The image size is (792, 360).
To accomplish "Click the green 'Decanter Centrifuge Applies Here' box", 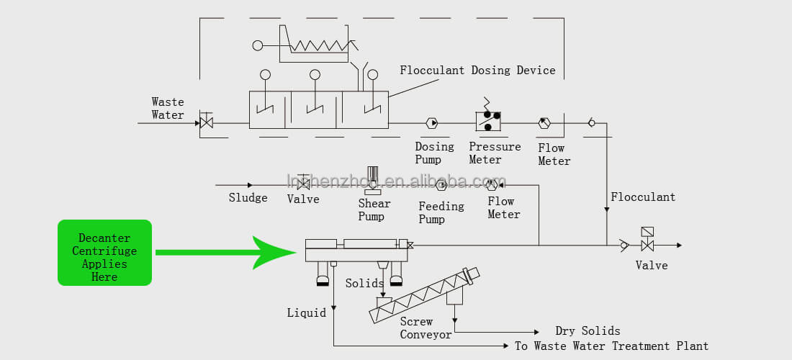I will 104,253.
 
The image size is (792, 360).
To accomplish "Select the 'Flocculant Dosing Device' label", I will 477,71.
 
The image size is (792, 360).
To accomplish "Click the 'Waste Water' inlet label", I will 168,109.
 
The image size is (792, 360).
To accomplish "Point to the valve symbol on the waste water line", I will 206,122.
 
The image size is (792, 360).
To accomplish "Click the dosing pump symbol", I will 432,123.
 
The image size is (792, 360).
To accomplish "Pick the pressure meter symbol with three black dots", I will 488,121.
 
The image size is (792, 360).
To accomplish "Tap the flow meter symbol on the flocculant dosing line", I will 544,123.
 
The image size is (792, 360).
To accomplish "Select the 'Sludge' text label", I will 248,198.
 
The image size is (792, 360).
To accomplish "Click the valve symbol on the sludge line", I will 303,185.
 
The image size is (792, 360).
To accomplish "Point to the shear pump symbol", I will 372,180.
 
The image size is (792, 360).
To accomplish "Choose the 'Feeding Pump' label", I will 441,212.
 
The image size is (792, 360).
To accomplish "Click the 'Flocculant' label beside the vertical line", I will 643,197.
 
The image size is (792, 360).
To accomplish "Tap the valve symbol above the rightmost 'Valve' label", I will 647,245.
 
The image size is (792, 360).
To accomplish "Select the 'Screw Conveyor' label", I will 426,328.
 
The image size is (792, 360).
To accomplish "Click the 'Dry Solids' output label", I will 588,331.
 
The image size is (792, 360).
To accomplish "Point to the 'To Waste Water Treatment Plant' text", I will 611,346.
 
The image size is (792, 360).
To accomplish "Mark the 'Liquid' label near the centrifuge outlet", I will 306,312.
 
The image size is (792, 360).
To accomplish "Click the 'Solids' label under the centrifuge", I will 364,284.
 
